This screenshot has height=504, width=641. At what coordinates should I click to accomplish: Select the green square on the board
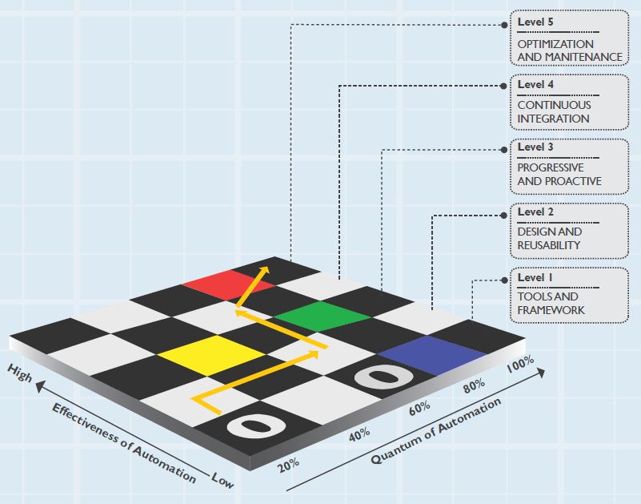click(315, 317)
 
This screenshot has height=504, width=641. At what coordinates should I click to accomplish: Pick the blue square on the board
click(432, 353)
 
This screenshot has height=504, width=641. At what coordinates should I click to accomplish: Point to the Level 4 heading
click(535, 84)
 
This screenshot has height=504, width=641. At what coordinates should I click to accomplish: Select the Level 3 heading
click(535, 147)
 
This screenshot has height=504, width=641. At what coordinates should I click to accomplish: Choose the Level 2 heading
click(535, 212)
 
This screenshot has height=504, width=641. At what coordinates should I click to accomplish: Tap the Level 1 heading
click(535, 277)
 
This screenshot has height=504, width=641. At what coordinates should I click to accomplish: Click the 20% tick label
click(289, 463)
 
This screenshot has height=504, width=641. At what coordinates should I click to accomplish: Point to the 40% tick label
click(359, 433)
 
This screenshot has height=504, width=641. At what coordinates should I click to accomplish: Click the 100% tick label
click(521, 367)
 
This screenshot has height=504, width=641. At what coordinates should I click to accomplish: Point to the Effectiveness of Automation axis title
click(123, 442)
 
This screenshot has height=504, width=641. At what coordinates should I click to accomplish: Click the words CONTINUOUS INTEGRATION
click(554, 111)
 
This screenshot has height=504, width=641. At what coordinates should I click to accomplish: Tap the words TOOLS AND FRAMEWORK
click(551, 304)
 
